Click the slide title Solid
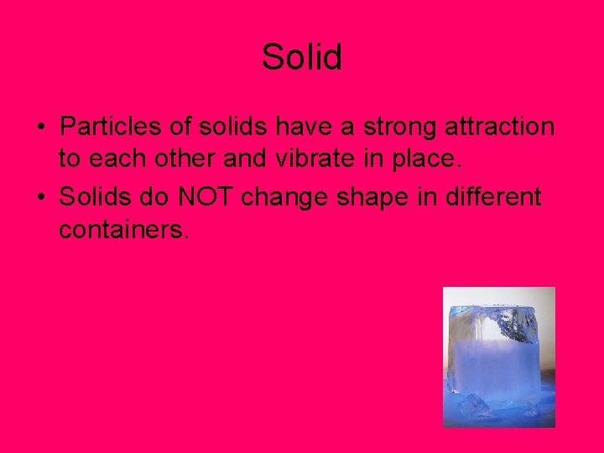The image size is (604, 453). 301,58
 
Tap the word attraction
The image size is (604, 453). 502,127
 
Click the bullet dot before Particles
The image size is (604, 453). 40,128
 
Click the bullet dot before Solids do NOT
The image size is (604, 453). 40,198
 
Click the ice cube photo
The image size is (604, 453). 498,357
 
